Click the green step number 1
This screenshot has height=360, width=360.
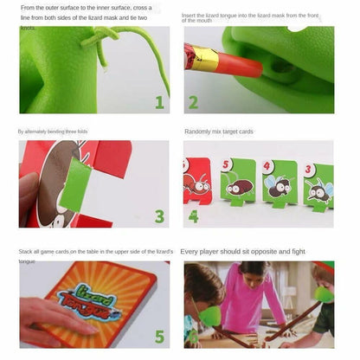coord(159,103)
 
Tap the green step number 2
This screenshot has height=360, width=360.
coord(193,103)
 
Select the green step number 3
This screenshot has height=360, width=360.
coord(159,216)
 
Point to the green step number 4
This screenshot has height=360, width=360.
coord(193,216)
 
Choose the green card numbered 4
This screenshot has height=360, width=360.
coord(280,180)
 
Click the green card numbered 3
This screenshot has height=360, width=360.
coord(319,183)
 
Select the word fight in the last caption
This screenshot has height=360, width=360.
coord(298,251)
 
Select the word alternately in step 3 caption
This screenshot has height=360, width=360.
coord(42,132)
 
